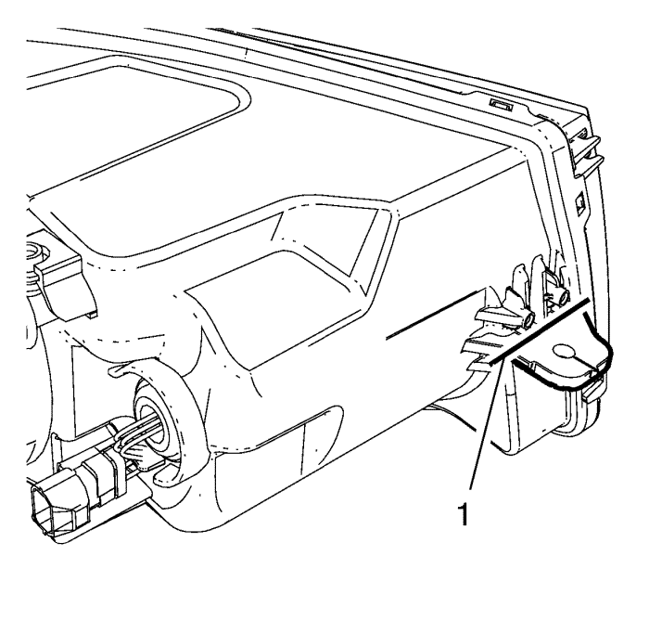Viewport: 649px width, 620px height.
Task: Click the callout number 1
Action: tap(464, 514)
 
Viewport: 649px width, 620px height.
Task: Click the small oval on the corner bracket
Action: tap(565, 352)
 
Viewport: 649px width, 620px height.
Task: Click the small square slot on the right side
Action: tap(580, 203)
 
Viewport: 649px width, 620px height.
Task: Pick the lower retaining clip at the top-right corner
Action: tap(589, 166)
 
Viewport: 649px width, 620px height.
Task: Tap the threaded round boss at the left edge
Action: tap(36, 252)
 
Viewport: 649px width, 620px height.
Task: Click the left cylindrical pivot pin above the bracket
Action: tap(528, 319)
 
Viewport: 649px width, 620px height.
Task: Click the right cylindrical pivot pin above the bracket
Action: tap(562, 298)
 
